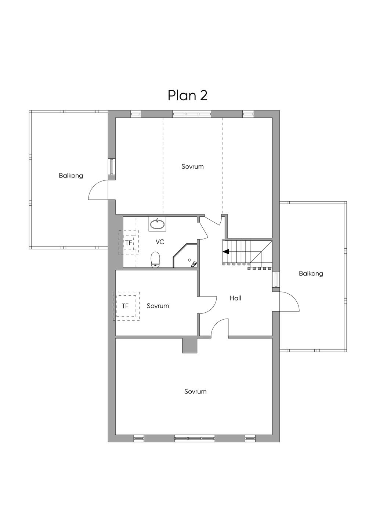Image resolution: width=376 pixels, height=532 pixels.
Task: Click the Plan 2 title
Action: (x=188, y=96)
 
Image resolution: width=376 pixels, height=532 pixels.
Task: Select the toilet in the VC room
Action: (x=155, y=260)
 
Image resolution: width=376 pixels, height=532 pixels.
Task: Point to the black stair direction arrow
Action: (x=226, y=252)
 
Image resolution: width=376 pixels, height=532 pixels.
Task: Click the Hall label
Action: (x=235, y=298)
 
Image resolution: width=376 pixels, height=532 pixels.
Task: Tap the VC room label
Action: (x=160, y=242)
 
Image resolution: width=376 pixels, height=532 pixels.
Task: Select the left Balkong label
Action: (x=71, y=176)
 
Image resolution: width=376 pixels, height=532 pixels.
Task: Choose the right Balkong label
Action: (x=311, y=274)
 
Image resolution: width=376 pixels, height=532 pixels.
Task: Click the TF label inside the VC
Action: (x=129, y=243)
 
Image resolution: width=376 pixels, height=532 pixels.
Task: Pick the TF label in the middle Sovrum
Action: (x=125, y=306)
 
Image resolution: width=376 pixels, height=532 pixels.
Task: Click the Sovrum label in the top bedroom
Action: (x=192, y=166)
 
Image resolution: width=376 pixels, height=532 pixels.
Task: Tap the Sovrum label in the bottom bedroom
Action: (x=195, y=391)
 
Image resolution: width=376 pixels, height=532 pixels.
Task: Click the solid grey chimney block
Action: (x=190, y=345)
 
